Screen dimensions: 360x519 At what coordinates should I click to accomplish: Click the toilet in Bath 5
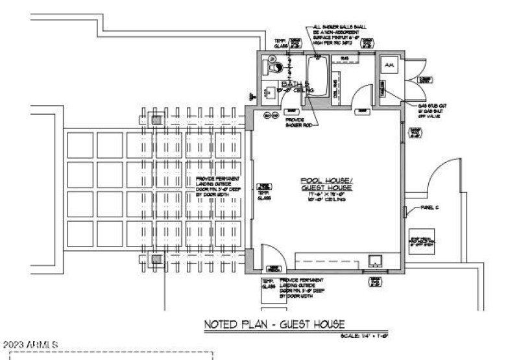[x=272, y=65]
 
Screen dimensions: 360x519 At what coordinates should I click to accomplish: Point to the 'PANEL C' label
[x=429, y=208]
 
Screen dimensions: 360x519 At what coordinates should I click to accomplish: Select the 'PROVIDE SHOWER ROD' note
[x=298, y=123]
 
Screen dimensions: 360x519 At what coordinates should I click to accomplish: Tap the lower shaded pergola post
[x=157, y=259]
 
